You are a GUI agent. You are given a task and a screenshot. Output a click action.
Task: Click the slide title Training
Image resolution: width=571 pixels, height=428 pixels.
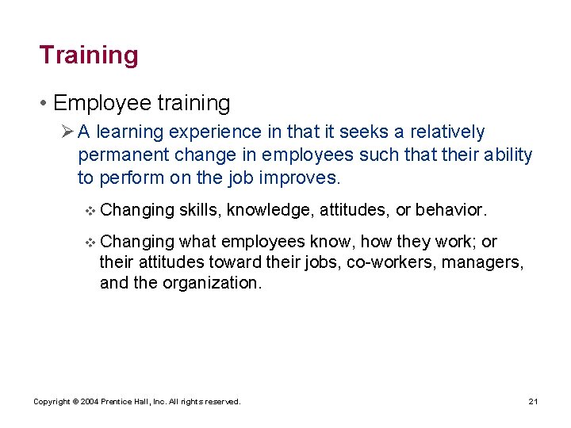click(x=89, y=55)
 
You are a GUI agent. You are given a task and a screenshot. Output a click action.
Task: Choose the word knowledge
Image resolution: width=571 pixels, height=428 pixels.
click(x=269, y=210)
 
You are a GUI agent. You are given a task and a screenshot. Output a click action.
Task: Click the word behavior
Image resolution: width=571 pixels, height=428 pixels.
click(x=449, y=210)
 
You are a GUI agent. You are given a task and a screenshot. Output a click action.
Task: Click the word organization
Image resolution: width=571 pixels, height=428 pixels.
click(x=212, y=282)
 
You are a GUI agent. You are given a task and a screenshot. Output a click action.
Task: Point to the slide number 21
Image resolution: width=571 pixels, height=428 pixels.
click(x=533, y=402)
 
